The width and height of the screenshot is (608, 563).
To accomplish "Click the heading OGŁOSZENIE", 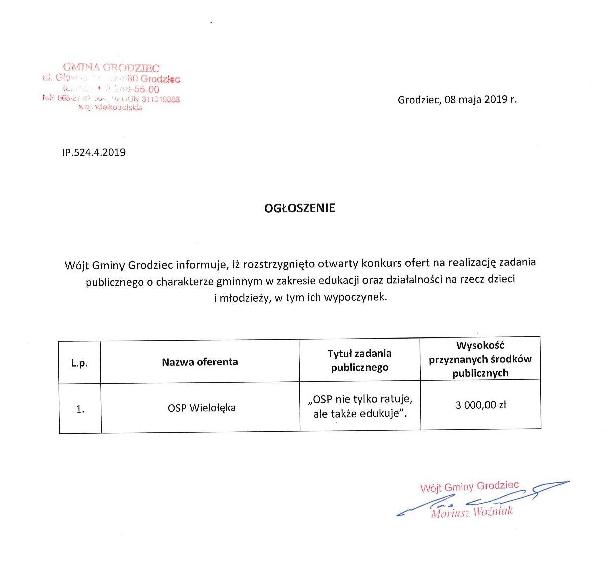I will (x=299, y=208).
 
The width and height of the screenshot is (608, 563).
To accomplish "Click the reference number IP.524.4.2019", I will (x=94, y=152).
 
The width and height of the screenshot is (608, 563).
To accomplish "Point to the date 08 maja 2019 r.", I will (x=480, y=99).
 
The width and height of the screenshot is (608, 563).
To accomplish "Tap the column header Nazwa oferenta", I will (x=200, y=362).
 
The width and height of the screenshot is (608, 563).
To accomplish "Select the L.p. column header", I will (x=79, y=363).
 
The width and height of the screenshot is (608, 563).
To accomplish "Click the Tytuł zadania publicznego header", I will (x=359, y=360).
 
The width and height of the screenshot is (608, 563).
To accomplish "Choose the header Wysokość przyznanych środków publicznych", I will (x=480, y=359).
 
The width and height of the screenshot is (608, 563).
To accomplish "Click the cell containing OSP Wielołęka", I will (x=201, y=408).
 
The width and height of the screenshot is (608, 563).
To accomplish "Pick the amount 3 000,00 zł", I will (x=480, y=405).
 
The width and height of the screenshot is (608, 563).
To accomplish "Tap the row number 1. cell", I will (x=80, y=409).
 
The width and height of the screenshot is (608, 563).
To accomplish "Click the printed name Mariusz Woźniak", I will (x=471, y=512).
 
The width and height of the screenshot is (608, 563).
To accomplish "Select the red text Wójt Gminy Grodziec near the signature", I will (x=469, y=486).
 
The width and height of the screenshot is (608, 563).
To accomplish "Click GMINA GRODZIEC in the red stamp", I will (x=111, y=67).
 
